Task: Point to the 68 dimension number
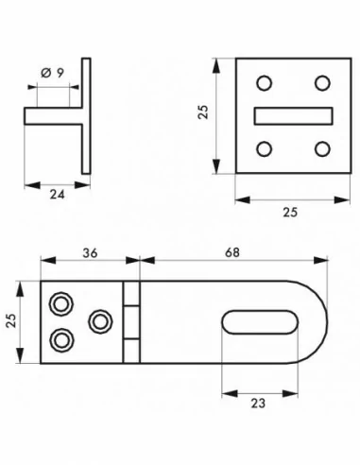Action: (x=231, y=253)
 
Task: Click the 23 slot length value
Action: (x=257, y=401)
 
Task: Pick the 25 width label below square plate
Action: (x=289, y=213)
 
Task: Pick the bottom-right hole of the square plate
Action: (x=322, y=148)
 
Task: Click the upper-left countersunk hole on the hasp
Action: (x=61, y=303)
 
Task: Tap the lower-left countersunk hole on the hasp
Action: (x=61, y=339)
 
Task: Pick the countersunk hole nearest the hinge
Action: (x=98, y=321)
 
